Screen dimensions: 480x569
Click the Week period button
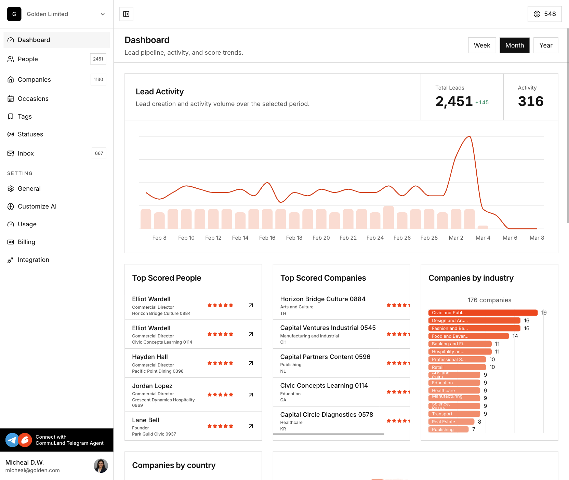tap(482, 45)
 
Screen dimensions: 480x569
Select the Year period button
tap(546, 45)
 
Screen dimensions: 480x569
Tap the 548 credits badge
tap(544, 14)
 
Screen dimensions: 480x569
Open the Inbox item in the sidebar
tap(26, 154)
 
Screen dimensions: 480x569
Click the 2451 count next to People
tap(98, 59)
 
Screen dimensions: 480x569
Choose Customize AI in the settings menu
tap(37, 206)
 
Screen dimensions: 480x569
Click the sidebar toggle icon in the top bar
tap(126, 14)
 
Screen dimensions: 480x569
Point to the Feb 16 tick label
tap(267, 238)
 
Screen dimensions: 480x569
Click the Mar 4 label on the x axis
tap(483, 238)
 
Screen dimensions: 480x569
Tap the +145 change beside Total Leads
tap(482, 103)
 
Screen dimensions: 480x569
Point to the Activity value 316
tap(530, 102)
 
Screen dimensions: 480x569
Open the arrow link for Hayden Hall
tap(251, 363)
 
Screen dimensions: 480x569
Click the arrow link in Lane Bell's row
tap(251, 426)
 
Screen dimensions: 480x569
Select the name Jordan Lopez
tap(152, 386)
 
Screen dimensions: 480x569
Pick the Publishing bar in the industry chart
tap(448, 430)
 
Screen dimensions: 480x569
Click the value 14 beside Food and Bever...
tap(515, 336)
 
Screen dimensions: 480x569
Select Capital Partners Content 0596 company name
tap(325, 357)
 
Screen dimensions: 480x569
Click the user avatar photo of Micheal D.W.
tap(101, 466)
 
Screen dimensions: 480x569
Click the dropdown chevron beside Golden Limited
tap(103, 14)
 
